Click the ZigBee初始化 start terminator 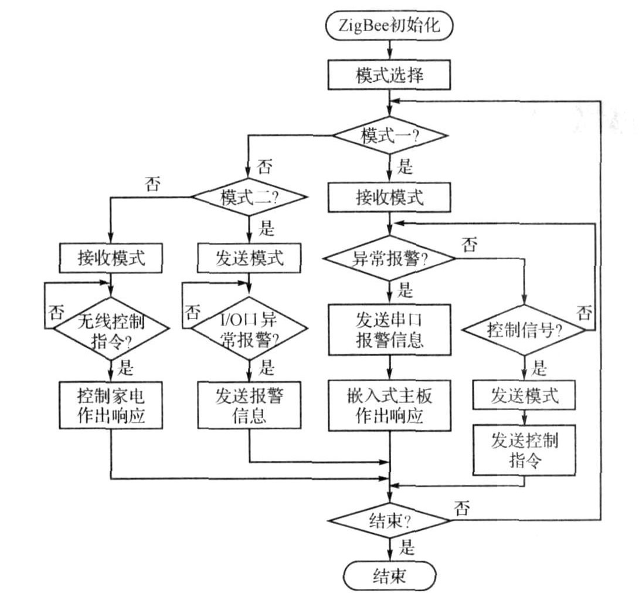pos(389,27)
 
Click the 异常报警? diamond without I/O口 pos(389,258)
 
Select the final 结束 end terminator pos(389,576)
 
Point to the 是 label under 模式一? pos(405,167)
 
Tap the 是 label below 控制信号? pos(539,370)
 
